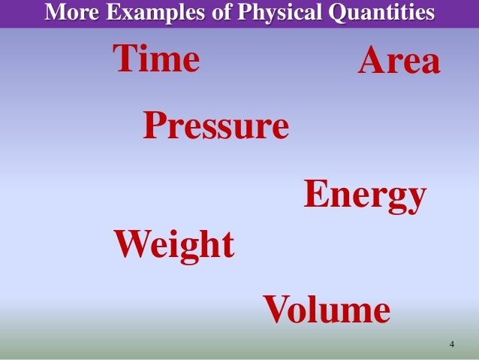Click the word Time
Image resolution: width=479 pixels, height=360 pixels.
click(x=156, y=60)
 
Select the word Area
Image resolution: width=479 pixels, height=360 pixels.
click(x=398, y=62)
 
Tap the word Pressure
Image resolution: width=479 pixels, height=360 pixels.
click(x=215, y=126)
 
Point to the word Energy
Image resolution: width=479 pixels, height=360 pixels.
click(x=365, y=196)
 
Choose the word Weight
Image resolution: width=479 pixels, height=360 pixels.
click(x=173, y=245)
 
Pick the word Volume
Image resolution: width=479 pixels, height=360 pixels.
click(x=327, y=310)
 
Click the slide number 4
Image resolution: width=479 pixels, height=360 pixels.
click(x=451, y=345)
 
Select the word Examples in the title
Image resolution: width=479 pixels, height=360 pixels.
click(x=140, y=13)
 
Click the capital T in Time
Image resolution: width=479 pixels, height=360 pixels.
click(x=125, y=60)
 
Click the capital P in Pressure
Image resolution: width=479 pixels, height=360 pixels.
click(x=154, y=126)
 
